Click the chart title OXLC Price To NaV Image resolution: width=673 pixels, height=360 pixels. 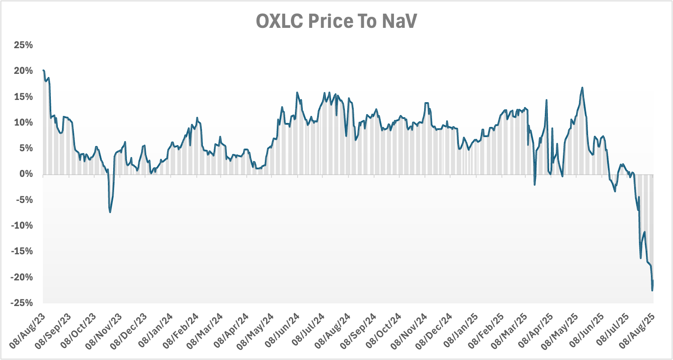336,21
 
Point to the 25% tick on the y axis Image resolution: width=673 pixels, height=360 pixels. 23,45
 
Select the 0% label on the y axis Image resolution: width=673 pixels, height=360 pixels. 26,174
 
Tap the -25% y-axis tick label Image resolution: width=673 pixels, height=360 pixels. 22,303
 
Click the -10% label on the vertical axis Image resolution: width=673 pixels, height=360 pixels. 22,226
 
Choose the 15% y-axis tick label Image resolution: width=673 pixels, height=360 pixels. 23,97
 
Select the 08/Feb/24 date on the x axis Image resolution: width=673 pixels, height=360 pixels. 182,330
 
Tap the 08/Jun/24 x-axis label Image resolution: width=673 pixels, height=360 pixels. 283,330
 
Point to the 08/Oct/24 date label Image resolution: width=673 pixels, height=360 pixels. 385,330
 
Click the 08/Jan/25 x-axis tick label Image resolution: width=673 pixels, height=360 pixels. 462,330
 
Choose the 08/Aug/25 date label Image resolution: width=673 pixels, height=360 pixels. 639,330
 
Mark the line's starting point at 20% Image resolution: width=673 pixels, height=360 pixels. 43,70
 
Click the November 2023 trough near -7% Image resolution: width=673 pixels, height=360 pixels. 110,212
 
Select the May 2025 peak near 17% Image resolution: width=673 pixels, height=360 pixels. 582,88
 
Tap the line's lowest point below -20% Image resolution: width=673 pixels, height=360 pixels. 652,291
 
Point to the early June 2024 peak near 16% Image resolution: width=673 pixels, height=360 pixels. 297,92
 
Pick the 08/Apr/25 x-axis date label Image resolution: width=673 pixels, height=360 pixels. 538,330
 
